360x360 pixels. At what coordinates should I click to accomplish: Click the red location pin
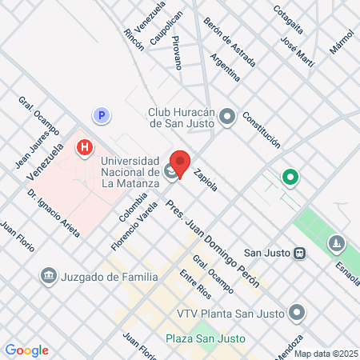pos(180,163)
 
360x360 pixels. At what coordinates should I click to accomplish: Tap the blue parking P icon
pos(101,116)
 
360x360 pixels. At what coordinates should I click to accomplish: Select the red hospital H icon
pos(85,148)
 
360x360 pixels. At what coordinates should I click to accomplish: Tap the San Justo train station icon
pos(299,253)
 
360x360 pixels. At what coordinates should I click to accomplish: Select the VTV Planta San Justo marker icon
pos(298,311)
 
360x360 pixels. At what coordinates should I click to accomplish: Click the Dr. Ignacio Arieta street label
pos(53,214)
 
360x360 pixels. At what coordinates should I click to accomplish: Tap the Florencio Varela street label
pos(146,221)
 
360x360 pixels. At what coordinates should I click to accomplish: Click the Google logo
pos(26,350)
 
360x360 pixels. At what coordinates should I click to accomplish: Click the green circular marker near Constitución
pos(288,177)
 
